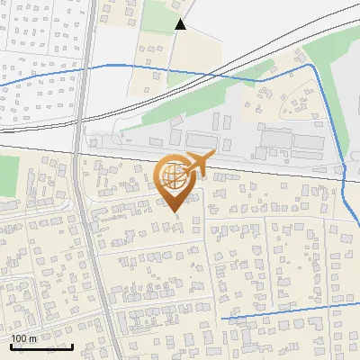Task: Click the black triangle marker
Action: (x=181, y=25)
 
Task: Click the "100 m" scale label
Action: (x=24, y=338)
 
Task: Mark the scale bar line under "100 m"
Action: (x=41, y=346)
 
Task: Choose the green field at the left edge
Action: (x=7, y=175)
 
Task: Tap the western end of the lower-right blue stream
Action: (x=221, y=319)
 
